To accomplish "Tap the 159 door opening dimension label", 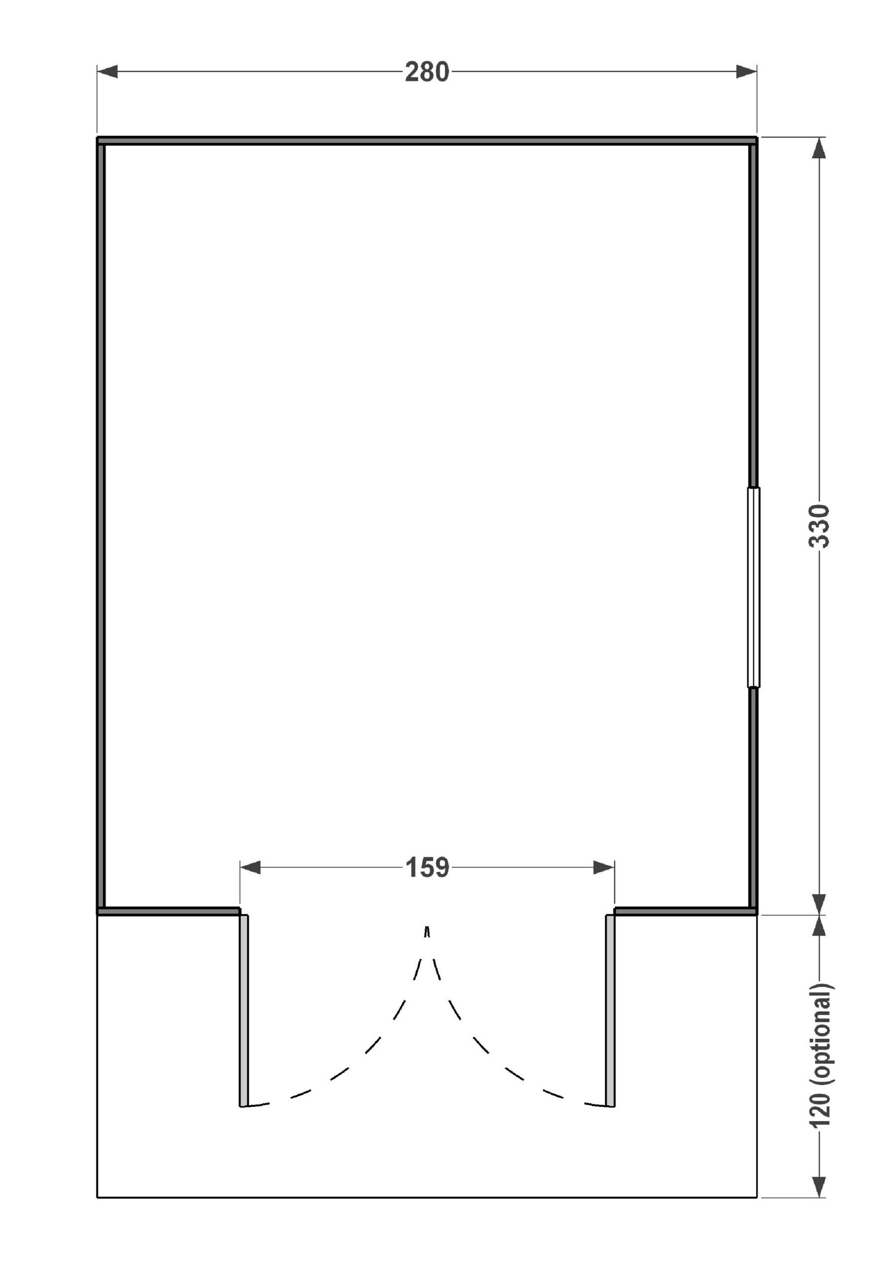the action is click(x=427, y=867).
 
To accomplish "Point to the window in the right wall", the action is click(x=753, y=587).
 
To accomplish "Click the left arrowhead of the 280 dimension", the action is click(x=107, y=71).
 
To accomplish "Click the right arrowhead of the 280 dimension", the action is click(x=746, y=71).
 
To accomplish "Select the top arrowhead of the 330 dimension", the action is click(x=819, y=148).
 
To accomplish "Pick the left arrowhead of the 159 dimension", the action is click(x=250, y=867).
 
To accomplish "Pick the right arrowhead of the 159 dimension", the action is click(x=604, y=867).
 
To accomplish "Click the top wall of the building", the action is click(x=427, y=141).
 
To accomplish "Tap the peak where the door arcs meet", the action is click(x=427, y=927).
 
